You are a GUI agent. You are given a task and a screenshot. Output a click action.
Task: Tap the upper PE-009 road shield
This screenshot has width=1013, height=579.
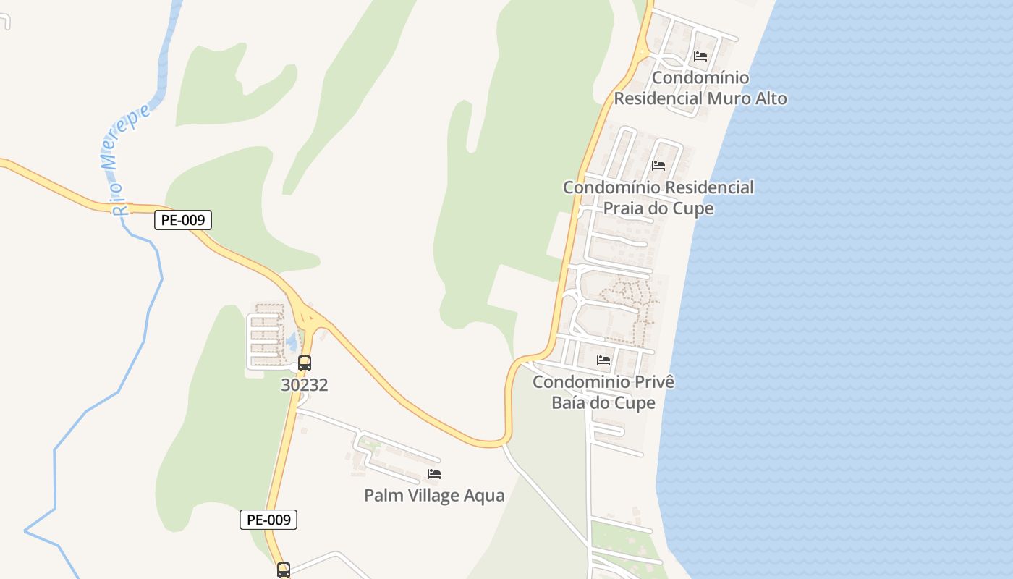pyautogui.click(x=183, y=220)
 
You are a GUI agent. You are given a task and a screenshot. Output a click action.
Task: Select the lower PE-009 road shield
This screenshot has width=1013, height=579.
pyautogui.click(x=268, y=520)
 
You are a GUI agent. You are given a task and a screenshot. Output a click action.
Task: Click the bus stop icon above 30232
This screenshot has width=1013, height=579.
pyautogui.click(x=305, y=363)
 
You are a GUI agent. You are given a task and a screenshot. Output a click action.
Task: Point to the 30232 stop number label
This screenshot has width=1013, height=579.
pyautogui.click(x=305, y=385)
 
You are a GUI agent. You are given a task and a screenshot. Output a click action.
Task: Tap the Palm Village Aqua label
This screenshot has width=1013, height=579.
pyautogui.click(x=434, y=496)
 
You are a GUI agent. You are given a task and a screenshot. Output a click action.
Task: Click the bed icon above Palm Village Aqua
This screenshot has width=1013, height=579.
pyautogui.click(x=434, y=474)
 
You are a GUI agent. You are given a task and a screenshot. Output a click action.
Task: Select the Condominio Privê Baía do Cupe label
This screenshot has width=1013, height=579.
pyautogui.click(x=603, y=392)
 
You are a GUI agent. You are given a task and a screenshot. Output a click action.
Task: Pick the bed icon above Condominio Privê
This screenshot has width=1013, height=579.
pyautogui.click(x=603, y=360)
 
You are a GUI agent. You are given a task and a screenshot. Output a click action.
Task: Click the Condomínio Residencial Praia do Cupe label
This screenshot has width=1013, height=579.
pyautogui.click(x=658, y=198)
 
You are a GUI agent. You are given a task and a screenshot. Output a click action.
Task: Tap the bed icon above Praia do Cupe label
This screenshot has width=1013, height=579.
pyautogui.click(x=658, y=165)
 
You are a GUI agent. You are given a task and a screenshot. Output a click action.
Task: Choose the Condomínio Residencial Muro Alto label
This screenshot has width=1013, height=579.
pyautogui.click(x=700, y=88)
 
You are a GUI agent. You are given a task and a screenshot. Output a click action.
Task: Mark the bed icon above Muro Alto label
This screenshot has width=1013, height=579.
pyautogui.click(x=700, y=56)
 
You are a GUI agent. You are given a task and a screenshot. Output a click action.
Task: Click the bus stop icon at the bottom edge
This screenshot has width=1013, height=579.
pyautogui.click(x=284, y=570)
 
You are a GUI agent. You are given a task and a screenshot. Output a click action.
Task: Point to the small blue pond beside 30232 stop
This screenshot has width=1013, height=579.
pyautogui.click(x=292, y=341)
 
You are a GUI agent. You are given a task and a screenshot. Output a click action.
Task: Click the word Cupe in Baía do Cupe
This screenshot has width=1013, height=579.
pyautogui.click(x=636, y=403)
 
